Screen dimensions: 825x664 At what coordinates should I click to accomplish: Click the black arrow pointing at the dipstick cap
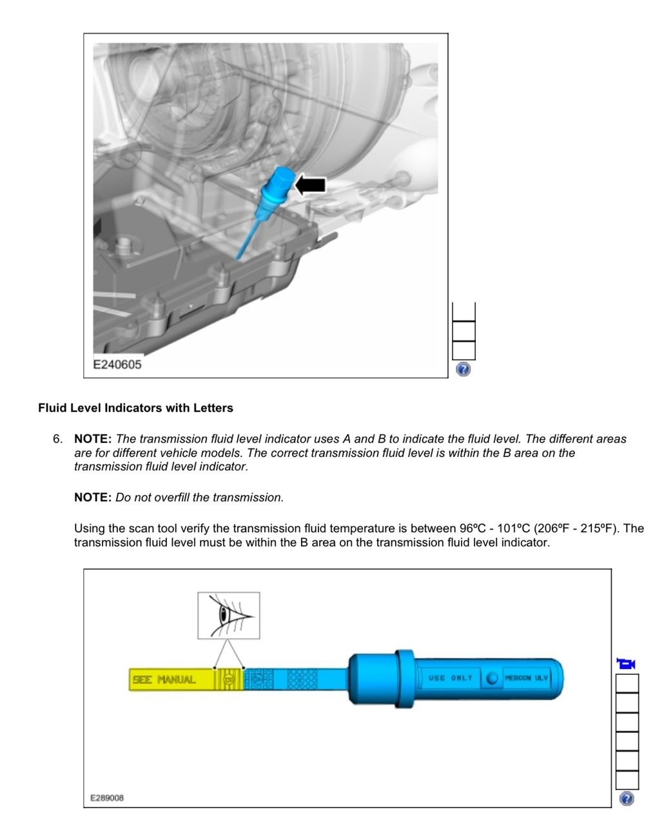click(311, 185)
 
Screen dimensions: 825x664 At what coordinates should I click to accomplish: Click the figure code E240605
click(117, 365)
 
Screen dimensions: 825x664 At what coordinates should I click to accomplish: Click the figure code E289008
click(107, 798)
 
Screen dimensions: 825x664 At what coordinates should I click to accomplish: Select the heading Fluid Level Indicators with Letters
click(135, 408)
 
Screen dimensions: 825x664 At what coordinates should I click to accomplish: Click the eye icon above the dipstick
click(229, 616)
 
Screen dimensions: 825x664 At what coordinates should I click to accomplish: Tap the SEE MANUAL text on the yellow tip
click(164, 679)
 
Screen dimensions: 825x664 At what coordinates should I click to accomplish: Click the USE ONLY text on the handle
click(451, 678)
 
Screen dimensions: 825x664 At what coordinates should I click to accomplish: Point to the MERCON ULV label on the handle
click(526, 678)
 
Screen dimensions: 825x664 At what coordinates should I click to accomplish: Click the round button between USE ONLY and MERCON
click(493, 678)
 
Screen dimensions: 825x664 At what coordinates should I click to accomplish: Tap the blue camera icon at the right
click(626, 663)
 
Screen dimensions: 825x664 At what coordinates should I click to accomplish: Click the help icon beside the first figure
click(463, 369)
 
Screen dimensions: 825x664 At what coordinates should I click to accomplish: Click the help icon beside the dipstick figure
click(626, 799)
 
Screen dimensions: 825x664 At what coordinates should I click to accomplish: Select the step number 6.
click(58, 439)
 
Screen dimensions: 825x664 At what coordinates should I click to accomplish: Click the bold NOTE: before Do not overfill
click(93, 498)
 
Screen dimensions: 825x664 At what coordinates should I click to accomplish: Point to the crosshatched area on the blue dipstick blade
click(302, 679)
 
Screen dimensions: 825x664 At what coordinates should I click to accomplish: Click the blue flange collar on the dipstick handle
click(404, 678)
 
